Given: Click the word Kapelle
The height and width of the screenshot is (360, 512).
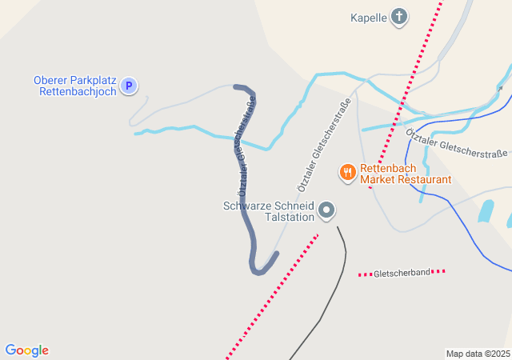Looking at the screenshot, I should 369,18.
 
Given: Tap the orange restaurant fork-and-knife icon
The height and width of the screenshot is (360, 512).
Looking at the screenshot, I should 347,171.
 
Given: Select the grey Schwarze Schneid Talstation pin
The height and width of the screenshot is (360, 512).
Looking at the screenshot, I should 326,210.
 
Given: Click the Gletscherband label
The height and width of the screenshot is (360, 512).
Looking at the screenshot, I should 402,274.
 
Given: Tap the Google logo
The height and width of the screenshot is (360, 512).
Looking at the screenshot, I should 26,350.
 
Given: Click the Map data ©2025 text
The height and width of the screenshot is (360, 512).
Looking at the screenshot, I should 478,354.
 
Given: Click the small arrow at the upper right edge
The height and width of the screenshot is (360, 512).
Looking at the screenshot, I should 501,88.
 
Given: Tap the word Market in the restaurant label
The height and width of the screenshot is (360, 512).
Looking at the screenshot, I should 378,180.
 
